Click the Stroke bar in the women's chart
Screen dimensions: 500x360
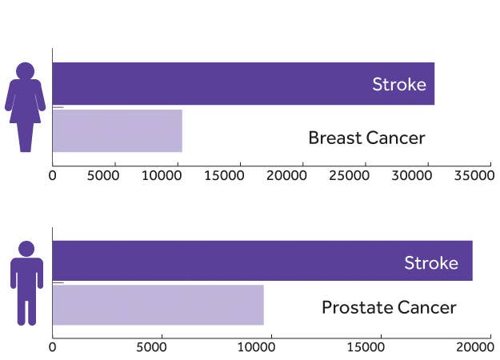(243, 83)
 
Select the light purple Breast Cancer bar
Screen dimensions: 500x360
(118, 130)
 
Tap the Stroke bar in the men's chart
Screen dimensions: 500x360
(262, 261)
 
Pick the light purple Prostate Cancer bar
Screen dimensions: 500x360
(158, 305)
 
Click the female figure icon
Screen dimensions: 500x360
(25, 107)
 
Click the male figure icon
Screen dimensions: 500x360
(26, 283)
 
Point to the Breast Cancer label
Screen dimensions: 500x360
(366, 138)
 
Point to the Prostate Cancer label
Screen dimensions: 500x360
(389, 308)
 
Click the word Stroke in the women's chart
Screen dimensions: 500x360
(399, 85)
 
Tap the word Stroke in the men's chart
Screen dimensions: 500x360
(431, 263)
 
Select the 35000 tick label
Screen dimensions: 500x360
(474, 175)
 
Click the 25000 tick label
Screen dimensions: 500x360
(349, 175)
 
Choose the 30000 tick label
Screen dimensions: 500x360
(412, 175)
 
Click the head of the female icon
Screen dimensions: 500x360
(25, 70)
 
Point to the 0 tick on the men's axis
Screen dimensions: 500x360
(52, 347)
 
